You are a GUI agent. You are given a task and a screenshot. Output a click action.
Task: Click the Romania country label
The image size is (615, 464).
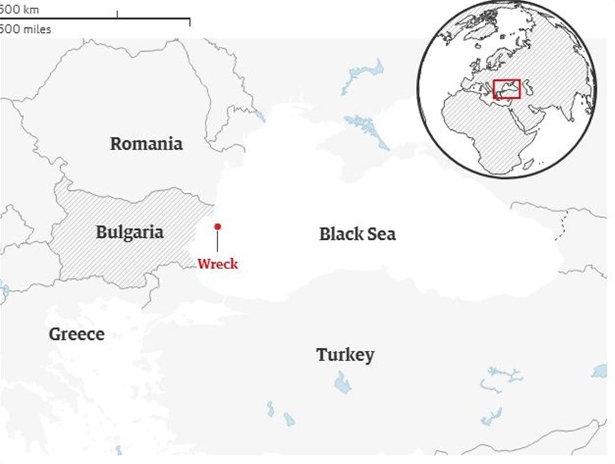(146, 144)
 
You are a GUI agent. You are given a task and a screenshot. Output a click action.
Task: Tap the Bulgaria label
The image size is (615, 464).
(129, 232)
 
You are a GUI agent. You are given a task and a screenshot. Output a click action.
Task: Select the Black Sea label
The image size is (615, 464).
(357, 234)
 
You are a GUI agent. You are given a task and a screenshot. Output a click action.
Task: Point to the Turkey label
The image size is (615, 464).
(345, 354)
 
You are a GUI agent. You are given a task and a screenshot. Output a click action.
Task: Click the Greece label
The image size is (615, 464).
(76, 334)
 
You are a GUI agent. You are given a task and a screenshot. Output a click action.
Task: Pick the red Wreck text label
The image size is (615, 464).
(217, 264)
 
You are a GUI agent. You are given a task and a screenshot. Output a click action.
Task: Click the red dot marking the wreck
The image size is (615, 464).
(217, 226)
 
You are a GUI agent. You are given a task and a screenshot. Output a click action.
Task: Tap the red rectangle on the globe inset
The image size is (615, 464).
(507, 89)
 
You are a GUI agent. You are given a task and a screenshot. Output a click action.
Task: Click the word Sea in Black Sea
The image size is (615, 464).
(382, 234)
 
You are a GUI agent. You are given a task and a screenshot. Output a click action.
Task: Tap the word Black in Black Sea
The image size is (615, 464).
(341, 234)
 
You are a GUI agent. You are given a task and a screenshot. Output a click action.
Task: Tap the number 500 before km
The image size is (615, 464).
(9, 10)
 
